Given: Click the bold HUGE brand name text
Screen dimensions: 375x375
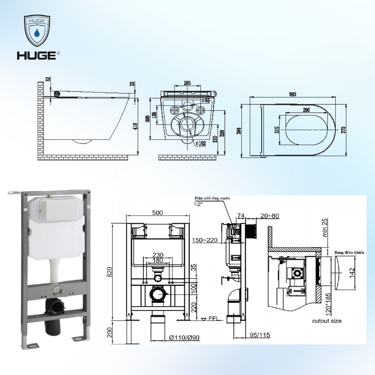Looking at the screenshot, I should (x=37, y=55).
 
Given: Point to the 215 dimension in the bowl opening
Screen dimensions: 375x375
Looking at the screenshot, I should (x=277, y=130).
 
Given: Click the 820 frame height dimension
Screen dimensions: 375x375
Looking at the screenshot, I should (x=109, y=273).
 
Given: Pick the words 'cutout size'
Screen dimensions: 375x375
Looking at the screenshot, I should (x=326, y=320).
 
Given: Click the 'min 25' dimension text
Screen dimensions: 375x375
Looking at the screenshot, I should (x=325, y=228).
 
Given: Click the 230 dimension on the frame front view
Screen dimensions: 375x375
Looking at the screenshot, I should (x=158, y=255).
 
